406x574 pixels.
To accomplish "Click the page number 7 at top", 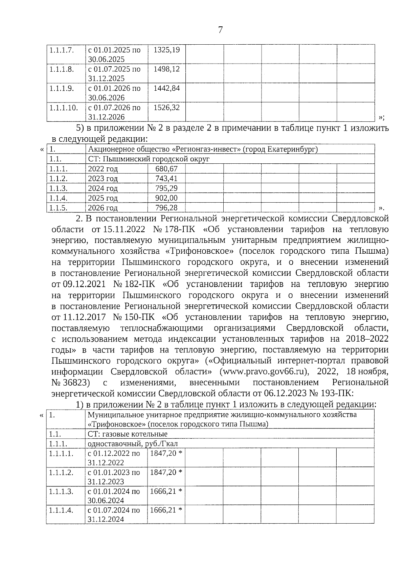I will click(220, 30).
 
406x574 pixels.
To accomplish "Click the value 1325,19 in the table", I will click(166, 50).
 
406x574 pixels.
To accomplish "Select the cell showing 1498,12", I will click(166, 69).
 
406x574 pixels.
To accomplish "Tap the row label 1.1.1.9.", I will click(61, 89).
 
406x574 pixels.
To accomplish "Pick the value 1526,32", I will click(166, 108).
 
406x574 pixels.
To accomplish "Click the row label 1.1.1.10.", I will click(63, 108).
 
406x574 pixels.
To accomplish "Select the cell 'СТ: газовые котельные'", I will click(128, 434).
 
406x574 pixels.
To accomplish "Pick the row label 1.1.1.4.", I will click(61, 510).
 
